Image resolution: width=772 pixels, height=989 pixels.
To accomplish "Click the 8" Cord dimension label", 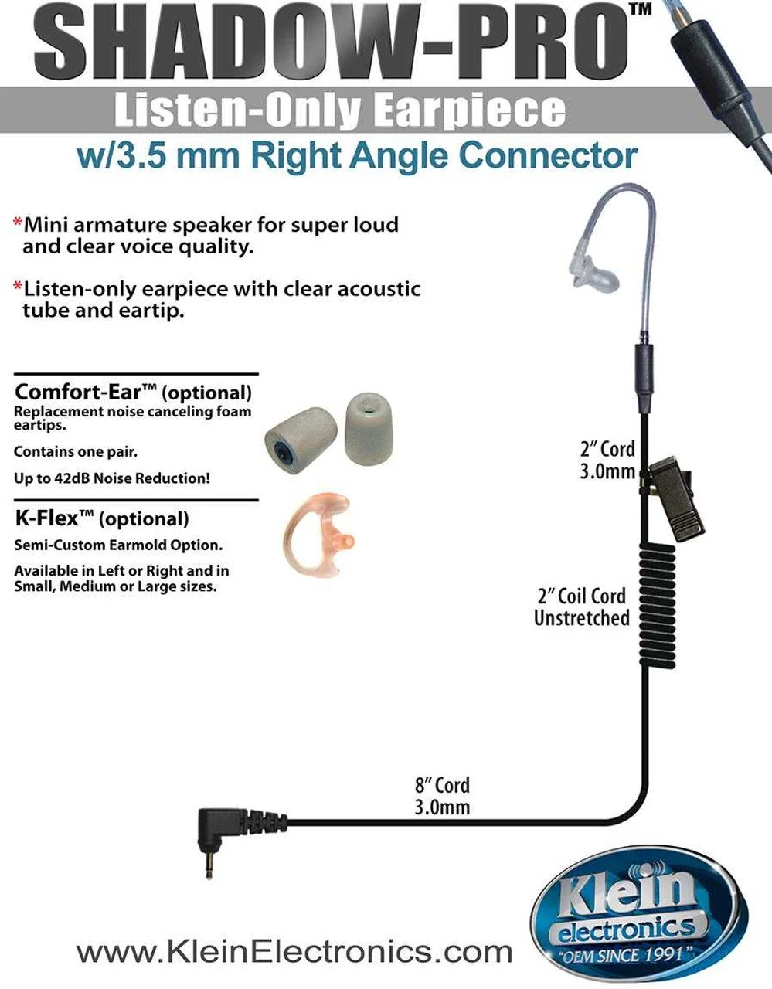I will click(x=441, y=785).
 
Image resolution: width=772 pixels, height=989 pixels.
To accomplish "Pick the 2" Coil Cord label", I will click(x=581, y=596).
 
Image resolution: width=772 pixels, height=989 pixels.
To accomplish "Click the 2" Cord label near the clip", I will click(x=607, y=450).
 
